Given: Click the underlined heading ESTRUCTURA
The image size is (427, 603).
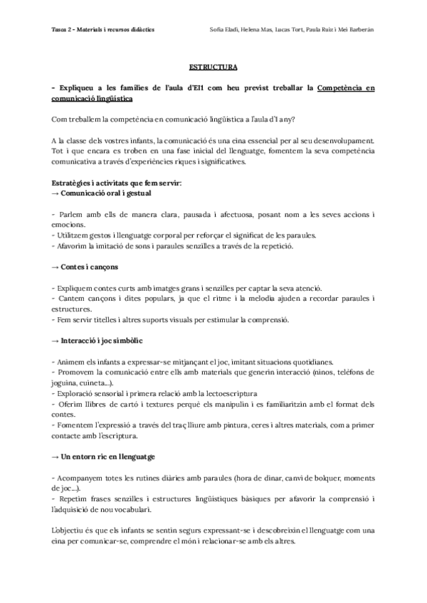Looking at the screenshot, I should click(213, 68).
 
